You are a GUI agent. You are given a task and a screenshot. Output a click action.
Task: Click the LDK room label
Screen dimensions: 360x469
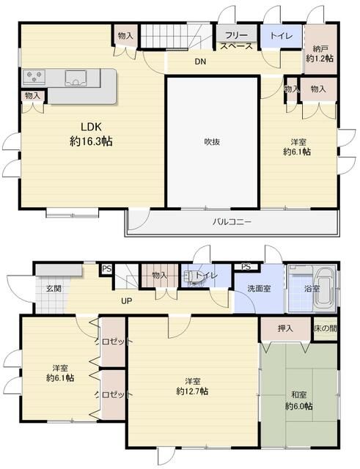pyautogui.click(x=91, y=127)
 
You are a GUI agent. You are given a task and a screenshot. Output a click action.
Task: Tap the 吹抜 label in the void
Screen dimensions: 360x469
pyautogui.click(x=212, y=141)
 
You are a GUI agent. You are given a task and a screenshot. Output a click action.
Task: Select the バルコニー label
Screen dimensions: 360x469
pyautogui.click(x=232, y=222)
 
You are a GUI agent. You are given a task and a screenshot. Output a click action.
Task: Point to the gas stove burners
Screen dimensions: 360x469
pyautogui.click(x=34, y=76)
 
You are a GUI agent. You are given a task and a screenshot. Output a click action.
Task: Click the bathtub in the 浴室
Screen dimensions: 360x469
pyautogui.click(x=325, y=288)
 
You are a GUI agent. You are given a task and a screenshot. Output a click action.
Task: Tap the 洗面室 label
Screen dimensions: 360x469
pyautogui.click(x=259, y=288)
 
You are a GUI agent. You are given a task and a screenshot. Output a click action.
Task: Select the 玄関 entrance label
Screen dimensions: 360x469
pyautogui.click(x=54, y=288)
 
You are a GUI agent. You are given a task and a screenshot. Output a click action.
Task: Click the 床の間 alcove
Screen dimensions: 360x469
pyautogui.click(x=326, y=328)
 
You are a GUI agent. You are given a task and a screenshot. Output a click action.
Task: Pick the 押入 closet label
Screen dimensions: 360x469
pyautogui.click(x=285, y=328)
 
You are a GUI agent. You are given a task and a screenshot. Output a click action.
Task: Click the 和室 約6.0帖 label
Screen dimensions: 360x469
pyautogui.click(x=299, y=401)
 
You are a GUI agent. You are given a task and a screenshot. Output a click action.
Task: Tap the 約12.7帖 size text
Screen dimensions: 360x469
pyautogui.click(x=192, y=391)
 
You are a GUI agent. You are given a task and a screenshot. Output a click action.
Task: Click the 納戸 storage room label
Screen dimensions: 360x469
pyautogui.click(x=320, y=48)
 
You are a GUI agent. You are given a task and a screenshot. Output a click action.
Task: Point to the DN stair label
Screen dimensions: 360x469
pyautogui.click(x=200, y=62)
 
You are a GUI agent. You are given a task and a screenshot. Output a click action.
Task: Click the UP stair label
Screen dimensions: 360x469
pyautogui.click(x=127, y=300)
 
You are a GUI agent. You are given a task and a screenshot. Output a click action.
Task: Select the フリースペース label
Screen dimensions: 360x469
pyautogui.click(x=237, y=41)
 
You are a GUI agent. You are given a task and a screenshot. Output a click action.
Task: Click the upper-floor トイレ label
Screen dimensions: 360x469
pyautogui.click(x=281, y=36)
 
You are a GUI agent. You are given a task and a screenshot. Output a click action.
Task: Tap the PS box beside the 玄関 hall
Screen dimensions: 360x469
pyautogui.click(x=106, y=269)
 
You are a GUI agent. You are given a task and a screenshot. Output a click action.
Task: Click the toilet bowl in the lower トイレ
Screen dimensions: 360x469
pyautogui.click(x=191, y=276)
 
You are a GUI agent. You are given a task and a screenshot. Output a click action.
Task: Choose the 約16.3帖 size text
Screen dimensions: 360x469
pyautogui.click(x=91, y=141)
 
